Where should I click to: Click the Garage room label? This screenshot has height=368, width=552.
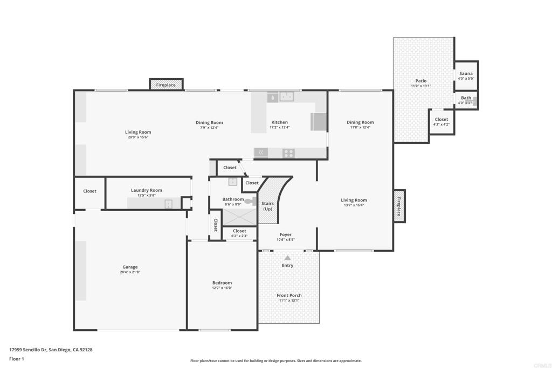click(130, 267)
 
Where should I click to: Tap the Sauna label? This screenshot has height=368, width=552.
click(466, 73)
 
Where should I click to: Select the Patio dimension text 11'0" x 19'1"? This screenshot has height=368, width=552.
click(420, 86)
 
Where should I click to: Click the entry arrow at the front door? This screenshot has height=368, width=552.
click(288, 258)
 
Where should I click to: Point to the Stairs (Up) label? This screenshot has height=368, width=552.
click(267, 206)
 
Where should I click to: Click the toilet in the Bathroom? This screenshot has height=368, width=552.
click(251, 201)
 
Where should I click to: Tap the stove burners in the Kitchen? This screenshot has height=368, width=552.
click(288, 153)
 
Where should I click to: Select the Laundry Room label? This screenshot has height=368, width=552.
click(147, 190)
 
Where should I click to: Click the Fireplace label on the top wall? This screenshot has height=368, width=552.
click(166, 85)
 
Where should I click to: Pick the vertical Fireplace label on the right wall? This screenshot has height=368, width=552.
click(399, 206)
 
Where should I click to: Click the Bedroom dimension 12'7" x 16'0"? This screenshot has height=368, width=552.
click(222, 288)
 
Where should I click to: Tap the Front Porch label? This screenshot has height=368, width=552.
click(289, 295)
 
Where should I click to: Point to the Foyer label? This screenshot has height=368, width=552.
click(286, 235)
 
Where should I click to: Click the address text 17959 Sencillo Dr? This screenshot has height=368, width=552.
click(28, 350)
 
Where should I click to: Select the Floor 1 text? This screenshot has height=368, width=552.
click(17, 359)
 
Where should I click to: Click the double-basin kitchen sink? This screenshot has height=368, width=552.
click(287, 96)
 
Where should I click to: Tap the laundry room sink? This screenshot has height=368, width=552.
click(169, 204)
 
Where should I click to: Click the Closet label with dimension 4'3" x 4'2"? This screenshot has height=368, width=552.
click(441, 119)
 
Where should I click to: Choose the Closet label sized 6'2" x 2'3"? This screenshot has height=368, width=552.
click(239, 231)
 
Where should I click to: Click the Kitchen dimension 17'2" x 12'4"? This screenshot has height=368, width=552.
click(280, 127)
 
